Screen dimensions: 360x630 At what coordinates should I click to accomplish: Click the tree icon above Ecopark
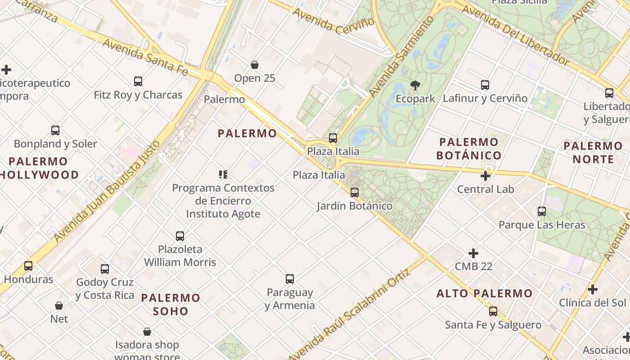click(415, 85)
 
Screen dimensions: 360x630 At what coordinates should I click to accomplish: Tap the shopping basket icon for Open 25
click(255, 65)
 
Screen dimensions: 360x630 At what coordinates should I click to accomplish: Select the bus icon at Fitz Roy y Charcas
click(138, 81)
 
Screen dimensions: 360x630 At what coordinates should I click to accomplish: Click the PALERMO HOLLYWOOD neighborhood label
click(40, 168)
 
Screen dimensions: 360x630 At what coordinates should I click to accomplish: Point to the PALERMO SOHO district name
click(171, 304)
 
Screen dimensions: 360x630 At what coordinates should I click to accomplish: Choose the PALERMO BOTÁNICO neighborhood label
click(469, 149)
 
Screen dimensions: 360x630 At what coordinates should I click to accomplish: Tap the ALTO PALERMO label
click(485, 294)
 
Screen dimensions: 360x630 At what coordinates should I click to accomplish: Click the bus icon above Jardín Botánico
click(355, 193)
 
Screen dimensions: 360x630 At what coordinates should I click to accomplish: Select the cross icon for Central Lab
click(486, 176)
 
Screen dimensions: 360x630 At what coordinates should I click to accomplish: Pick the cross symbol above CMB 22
click(473, 253)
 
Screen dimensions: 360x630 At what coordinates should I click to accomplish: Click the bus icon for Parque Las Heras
click(542, 211)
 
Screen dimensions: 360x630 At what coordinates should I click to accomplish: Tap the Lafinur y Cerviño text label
click(485, 98)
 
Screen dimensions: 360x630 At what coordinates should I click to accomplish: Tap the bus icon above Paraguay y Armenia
click(290, 279)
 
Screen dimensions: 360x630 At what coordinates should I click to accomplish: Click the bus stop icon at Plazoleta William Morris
click(180, 236)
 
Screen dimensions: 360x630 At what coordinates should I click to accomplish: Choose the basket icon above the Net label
click(59, 306)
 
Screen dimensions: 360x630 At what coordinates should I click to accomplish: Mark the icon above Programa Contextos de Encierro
click(223, 175)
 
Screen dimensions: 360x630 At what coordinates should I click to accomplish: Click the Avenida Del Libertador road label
click(516, 34)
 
